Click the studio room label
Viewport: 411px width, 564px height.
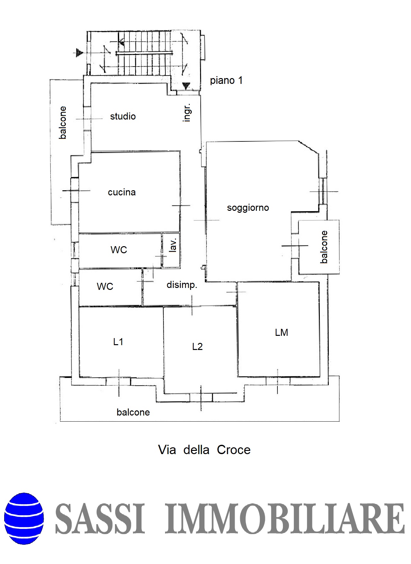coord(123,116)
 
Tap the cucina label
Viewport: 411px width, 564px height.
coord(122,192)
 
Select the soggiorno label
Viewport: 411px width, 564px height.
coord(248,208)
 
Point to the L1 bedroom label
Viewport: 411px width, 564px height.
coord(118,342)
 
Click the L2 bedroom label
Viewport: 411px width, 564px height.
coord(197,346)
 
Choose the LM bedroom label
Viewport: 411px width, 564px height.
coord(282,332)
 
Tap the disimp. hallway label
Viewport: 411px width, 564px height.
coord(182,285)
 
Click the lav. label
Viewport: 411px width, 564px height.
coord(173,246)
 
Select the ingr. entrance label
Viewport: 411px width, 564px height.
coord(187,112)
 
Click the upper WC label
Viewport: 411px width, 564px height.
coord(119,250)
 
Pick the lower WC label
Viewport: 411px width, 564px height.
coord(105,286)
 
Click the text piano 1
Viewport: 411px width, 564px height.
coord(226,80)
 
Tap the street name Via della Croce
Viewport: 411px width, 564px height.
coord(204,450)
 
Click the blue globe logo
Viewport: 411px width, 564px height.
coord(24,519)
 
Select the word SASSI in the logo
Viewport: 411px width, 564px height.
coord(100,519)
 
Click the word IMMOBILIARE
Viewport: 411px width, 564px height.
coord(285,519)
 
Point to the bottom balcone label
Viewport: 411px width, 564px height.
coord(133,412)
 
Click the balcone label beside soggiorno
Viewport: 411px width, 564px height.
coord(324,247)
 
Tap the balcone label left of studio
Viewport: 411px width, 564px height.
coord(63,123)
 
